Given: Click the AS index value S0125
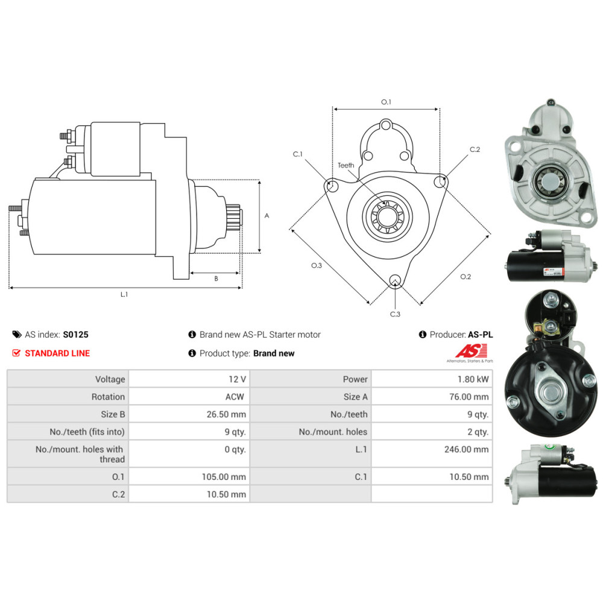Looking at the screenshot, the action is [76, 335].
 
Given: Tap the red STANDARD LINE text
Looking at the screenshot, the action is [57, 353].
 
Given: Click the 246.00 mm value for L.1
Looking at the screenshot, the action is [467, 449].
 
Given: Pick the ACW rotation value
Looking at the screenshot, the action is [235, 397].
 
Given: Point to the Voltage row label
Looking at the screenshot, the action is [110, 379].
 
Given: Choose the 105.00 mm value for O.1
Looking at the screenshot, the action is [224, 477].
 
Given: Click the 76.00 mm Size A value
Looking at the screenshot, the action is [469, 397].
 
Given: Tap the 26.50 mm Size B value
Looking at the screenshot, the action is [226, 414].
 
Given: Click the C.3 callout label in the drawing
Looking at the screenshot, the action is [395, 314].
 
